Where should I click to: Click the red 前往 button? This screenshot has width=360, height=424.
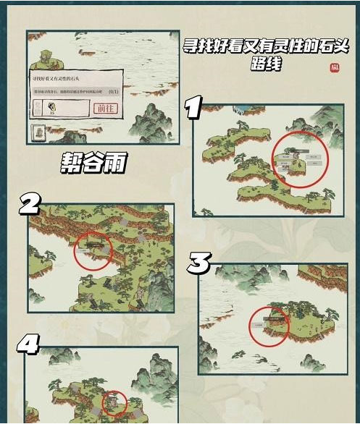tap(105, 108)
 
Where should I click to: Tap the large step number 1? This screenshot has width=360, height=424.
tap(193, 109)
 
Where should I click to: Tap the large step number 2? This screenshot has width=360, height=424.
tap(29, 205)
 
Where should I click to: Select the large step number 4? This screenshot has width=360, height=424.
tap(28, 344)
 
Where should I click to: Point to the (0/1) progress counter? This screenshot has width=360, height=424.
tap(113, 92)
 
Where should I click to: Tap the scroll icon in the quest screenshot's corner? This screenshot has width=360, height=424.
tap(40, 133)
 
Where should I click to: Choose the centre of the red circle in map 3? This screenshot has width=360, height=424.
tap(269, 326)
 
